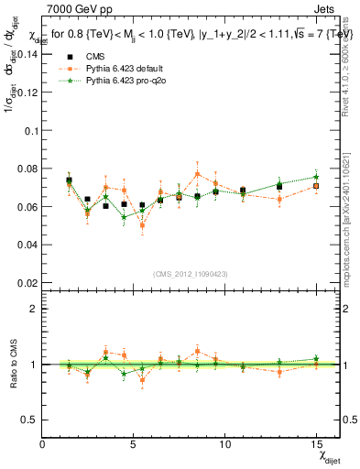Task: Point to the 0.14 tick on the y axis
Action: (26, 53)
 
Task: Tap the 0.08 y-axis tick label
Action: (26, 168)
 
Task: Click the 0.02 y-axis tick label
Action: (26, 282)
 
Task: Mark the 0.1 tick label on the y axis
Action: (29, 129)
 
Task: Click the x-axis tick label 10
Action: (225, 444)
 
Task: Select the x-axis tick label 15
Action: (317, 444)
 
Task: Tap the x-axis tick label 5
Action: (135, 444)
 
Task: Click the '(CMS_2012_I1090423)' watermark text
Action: (191, 273)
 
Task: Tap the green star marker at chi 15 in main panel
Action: (316, 177)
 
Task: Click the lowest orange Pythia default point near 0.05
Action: (142, 224)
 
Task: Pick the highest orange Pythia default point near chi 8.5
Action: (197, 173)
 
